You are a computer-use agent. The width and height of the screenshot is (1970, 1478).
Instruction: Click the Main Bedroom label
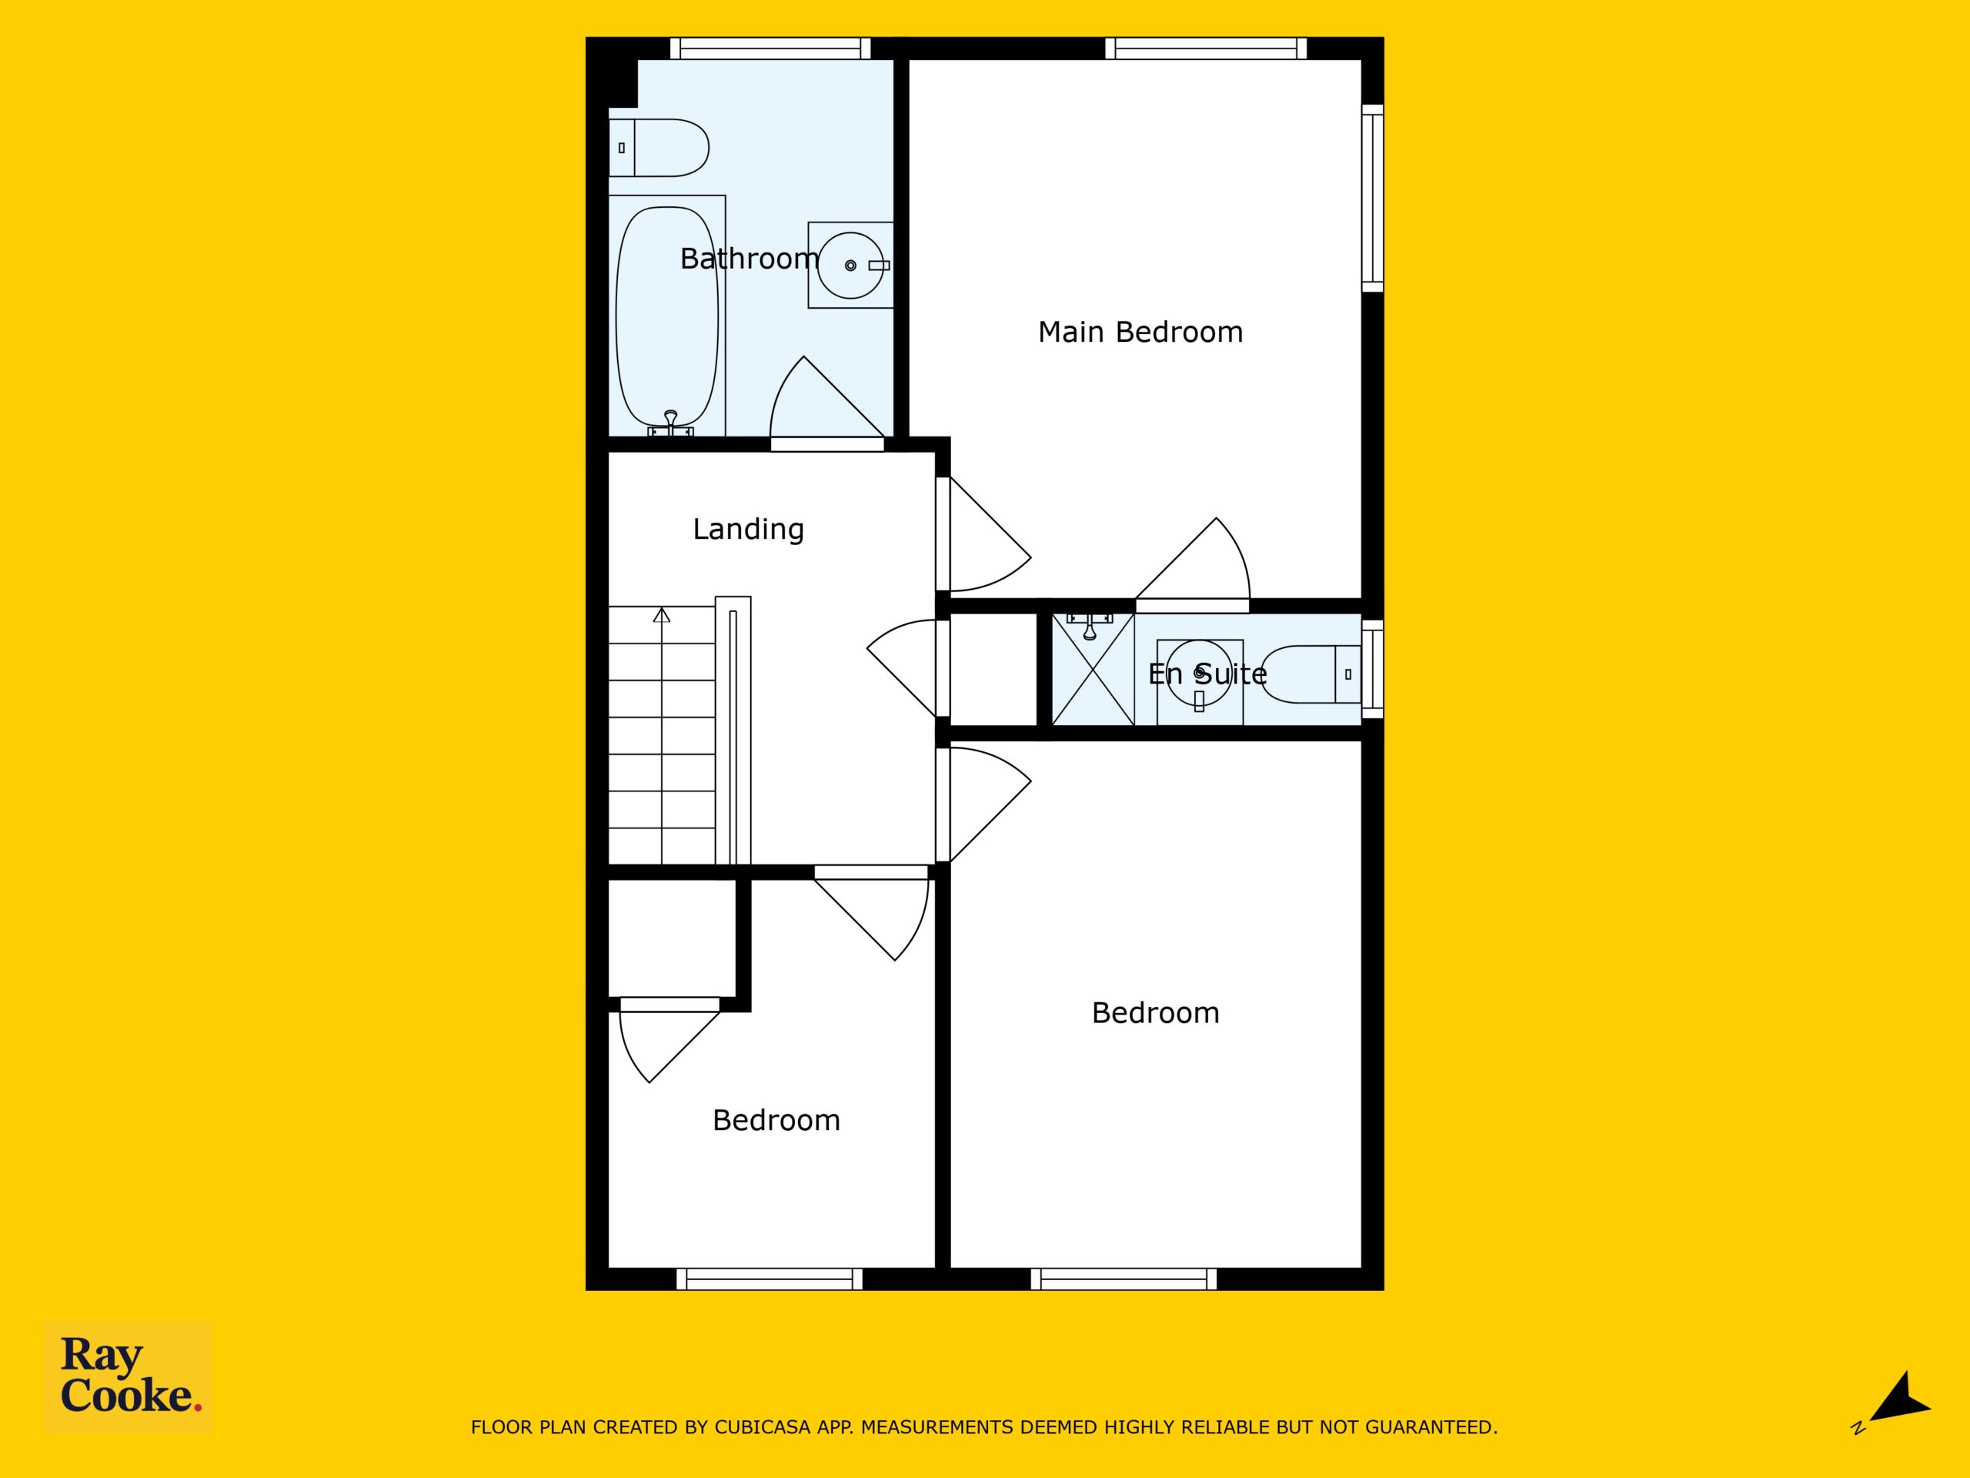[1140, 333]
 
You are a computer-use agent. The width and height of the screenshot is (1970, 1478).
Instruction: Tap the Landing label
[748, 529]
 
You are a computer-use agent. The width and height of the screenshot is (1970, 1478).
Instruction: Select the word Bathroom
[749, 259]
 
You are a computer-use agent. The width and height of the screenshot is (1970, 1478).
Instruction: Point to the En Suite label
[1207, 674]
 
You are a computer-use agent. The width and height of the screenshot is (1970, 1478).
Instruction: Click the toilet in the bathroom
[659, 148]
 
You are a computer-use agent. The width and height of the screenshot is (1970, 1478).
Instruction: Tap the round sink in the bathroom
[850, 266]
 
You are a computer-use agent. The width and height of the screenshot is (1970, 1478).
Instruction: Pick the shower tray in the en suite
[1093, 669]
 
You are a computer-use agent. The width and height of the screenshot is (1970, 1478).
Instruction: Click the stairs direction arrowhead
[662, 615]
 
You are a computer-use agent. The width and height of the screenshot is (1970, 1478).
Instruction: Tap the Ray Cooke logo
[129, 1376]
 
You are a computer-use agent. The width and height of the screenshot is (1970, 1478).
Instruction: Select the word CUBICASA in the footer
[763, 1428]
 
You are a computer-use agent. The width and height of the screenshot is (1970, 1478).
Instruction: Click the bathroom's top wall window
[770, 48]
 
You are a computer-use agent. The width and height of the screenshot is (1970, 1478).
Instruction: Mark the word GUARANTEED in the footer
[1431, 1428]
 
